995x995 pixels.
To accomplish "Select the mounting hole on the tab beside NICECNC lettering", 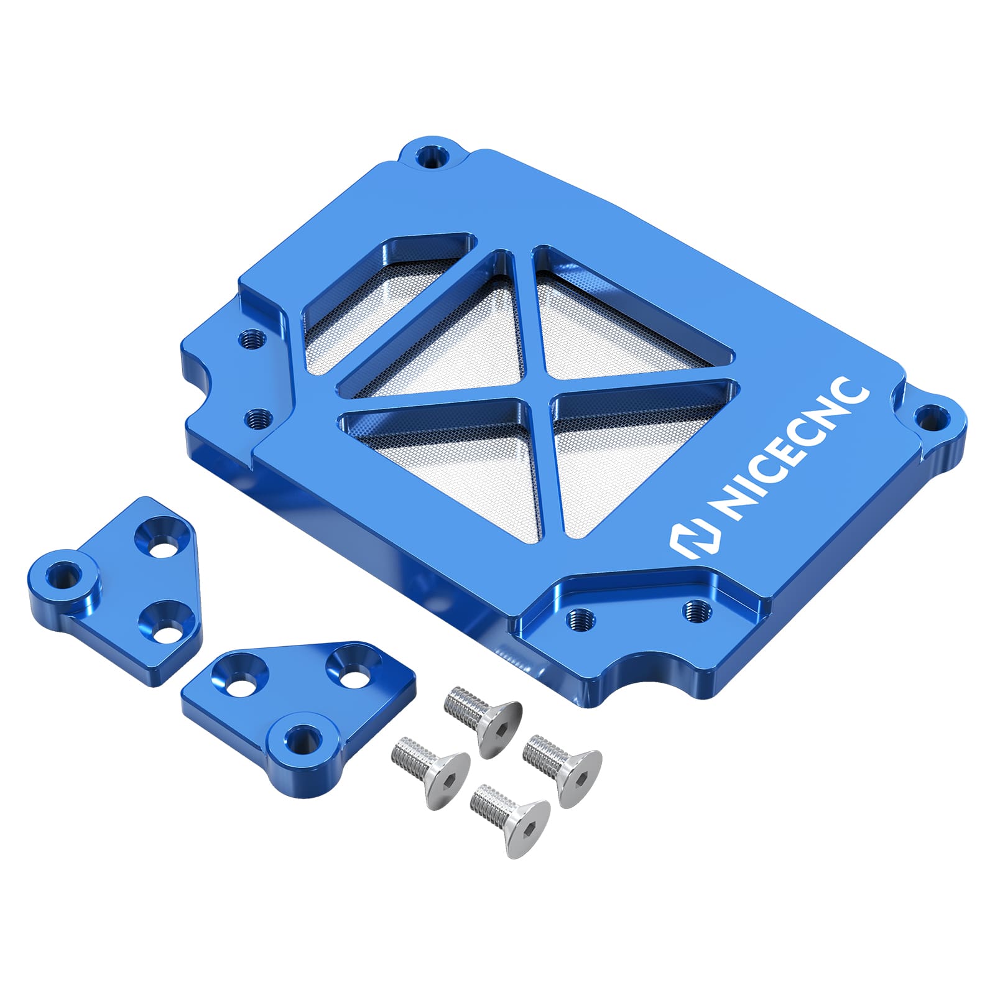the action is [x=930, y=417].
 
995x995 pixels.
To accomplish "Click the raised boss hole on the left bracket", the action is [x=62, y=574].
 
